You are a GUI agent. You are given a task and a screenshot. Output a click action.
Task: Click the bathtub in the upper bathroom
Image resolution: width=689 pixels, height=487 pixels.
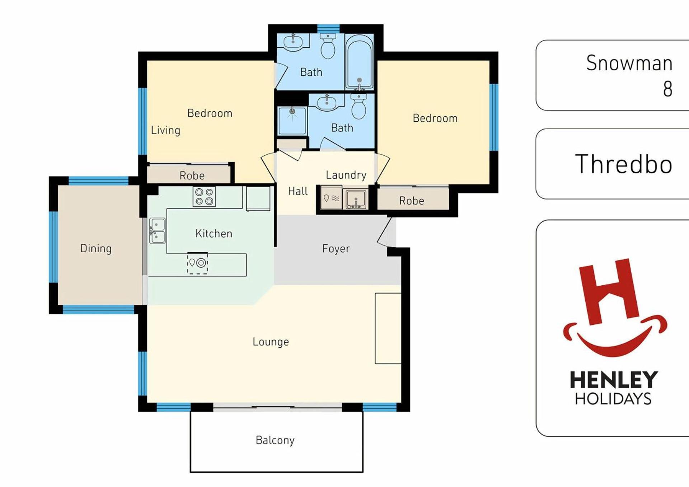click(359, 62)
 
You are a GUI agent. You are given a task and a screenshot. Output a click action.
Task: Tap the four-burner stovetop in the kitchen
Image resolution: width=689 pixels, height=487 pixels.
click(204, 197)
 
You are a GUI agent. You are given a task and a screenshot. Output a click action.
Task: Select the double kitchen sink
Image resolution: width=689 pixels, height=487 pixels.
click(157, 230)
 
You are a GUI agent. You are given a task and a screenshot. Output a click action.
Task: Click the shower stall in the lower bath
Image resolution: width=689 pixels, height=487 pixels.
click(292, 121)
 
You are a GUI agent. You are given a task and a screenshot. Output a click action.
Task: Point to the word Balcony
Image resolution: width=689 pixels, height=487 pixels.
click(275, 440)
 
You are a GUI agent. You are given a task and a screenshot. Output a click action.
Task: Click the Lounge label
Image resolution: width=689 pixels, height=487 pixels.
click(271, 342)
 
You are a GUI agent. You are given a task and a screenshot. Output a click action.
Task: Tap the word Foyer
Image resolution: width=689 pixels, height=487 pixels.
click(336, 249)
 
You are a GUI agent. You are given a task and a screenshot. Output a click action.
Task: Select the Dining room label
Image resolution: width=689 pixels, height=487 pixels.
click(96, 248)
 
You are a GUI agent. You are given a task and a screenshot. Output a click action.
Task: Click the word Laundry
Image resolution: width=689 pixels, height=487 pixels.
click(346, 175)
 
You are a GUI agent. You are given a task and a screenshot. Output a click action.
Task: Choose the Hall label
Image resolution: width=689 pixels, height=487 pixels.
click(297, 191)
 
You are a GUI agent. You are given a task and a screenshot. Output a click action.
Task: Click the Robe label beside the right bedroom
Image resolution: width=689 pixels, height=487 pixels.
click(412, 201)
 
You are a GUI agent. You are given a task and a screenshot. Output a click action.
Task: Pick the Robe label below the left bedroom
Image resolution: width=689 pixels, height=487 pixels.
click(192, 175)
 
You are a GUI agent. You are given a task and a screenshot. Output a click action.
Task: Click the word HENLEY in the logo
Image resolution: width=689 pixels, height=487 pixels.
click(614, 380)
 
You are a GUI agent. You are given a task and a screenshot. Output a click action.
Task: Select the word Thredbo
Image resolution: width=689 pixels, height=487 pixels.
click(624, 164)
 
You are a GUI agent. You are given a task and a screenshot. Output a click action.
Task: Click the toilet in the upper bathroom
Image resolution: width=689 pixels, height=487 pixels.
click(328, 46)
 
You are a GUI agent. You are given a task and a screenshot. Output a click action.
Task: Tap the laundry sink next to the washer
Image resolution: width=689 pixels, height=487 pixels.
click(355, 198)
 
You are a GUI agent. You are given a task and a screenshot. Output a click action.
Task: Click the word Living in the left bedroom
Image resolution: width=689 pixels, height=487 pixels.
click(165, 130)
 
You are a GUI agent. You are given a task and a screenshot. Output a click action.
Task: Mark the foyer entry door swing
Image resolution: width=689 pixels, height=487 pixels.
click(384, 232)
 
